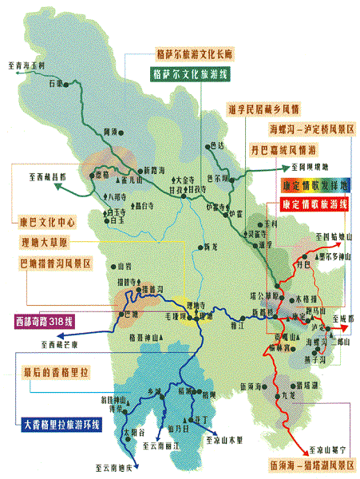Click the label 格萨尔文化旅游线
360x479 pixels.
192,72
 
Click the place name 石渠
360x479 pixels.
54,83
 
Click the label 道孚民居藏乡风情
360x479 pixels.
262,109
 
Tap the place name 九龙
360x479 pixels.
288,394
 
